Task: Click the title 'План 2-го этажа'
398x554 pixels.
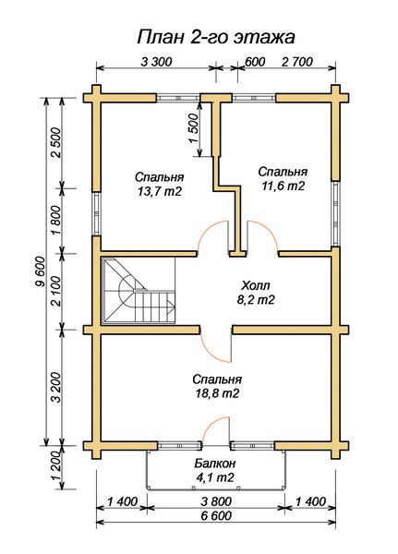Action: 215,37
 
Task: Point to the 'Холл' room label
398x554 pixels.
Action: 256,284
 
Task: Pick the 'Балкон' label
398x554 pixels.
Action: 215,463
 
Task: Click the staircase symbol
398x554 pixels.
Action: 139,291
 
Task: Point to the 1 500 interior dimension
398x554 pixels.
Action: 193,128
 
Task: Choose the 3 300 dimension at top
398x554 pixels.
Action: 156,62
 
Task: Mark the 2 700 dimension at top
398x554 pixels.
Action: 297,62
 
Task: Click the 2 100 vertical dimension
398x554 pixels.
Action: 56,291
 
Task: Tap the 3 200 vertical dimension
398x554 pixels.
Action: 56,388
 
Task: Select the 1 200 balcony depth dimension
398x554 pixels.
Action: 56,468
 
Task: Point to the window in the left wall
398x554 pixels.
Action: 97,214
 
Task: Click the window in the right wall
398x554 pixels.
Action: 335,213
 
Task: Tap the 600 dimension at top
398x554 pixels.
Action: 255,62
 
